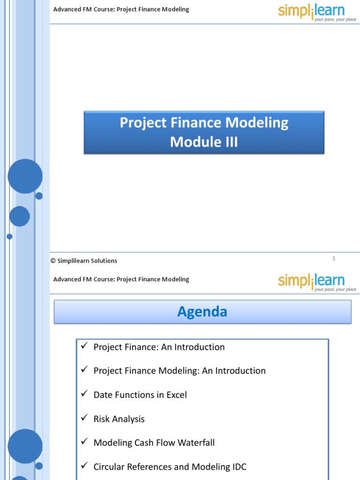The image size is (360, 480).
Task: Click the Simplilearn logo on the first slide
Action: tap(317, 12)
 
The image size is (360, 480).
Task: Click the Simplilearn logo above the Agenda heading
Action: tap(317, 282)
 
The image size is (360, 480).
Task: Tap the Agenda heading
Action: tap(202, 312)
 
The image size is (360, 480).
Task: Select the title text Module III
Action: tap(204, 142)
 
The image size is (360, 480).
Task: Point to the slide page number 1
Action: tap(334, 258)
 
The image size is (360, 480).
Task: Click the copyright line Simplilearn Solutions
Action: tap(84, 261)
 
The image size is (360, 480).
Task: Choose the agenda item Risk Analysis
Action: tap(119, 419)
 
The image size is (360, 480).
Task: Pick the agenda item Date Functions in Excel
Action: tap(140, 395)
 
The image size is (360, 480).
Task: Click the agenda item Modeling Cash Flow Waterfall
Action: tap(154, 443)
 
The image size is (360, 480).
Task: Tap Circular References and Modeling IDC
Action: tap(170, 467)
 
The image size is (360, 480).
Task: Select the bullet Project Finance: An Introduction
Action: tap(159, 347)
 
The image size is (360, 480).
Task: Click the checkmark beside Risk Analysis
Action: tap(84, 418)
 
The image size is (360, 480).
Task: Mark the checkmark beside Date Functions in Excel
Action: tap(84, 394)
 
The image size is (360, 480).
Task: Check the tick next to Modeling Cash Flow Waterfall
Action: tap(84, 442)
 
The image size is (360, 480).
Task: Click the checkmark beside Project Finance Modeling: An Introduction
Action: tap(84, 370)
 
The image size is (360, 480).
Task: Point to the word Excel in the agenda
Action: tap(175, 395)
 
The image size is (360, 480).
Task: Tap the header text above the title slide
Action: tap(121, 9)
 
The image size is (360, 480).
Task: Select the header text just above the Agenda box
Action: tap(121, 279)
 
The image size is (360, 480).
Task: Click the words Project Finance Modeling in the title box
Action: tap(204, 123)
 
